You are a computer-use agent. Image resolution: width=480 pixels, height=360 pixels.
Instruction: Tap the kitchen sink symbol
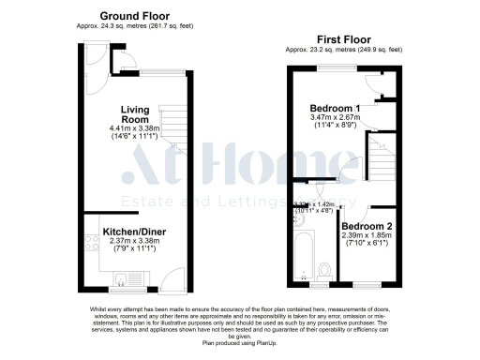point(121,277)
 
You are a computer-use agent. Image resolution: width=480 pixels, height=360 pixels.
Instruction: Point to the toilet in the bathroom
point(325,270)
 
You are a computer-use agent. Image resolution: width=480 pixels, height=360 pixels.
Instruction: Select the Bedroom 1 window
point(335,69)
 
